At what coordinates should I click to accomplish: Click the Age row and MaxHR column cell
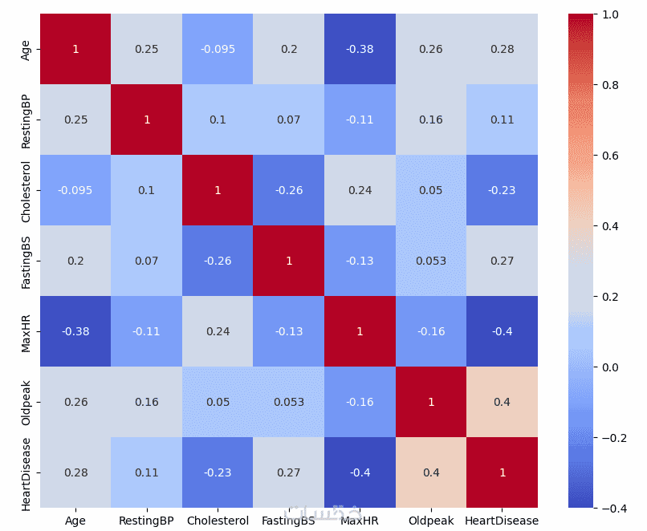[360, 49]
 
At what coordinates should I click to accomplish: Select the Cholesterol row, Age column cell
[75, 190]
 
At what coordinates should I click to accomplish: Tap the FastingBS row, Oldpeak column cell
[431, 261]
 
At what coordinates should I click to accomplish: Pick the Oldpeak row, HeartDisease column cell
[502, 402]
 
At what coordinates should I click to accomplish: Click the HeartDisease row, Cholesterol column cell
[218, 472]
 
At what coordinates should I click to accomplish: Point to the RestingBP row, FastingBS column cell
[288, 120]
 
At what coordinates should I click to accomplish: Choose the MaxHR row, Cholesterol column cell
[218, 331]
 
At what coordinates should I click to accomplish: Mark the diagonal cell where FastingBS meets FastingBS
[288, 261]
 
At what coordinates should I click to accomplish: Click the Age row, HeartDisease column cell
[502, 49]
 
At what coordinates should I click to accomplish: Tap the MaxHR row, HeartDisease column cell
[502, 331]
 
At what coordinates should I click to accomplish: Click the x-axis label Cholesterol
[218, 521]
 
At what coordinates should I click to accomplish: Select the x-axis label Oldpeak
[431, 521]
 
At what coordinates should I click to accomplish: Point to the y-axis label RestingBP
[26, 120]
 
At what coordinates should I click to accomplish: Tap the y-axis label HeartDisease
[26, 472]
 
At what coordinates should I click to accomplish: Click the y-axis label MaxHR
[26, 331]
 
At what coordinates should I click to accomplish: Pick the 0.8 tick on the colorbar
[610, 85]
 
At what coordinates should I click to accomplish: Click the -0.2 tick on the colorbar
[612, 438]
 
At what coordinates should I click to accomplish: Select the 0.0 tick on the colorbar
[610, 367]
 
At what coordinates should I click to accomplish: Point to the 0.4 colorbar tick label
[610, 226]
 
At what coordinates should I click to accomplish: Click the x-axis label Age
[75, 521]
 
